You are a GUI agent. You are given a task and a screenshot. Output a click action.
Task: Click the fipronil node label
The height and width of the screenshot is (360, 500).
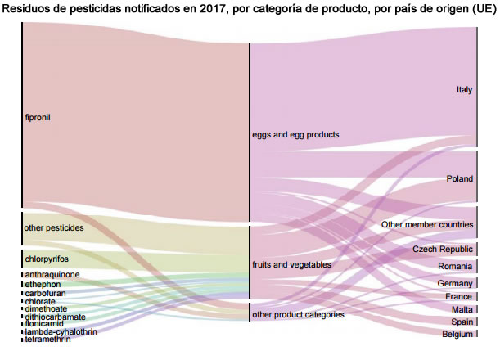click(x=38, y=118)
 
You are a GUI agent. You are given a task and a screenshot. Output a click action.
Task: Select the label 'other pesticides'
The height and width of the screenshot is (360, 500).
click(x=54, y=228)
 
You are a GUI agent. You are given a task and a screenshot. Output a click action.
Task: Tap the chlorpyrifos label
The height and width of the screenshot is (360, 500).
click(x=47, y=259)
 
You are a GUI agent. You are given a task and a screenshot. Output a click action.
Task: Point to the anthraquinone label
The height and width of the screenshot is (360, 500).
click(x=52, y=275)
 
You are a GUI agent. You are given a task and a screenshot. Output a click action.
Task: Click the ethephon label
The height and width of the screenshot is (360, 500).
click(x=43, y=284)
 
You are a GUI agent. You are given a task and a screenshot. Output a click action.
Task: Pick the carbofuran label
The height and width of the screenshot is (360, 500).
click(x=46, y=293)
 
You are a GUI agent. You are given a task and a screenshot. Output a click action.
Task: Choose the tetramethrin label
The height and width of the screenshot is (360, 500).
click(x=47, y=339)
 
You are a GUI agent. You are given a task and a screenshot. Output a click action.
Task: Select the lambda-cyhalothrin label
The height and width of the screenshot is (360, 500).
click(x=61, y=331)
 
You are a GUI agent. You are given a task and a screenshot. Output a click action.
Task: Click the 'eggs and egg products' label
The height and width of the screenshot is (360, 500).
click(x=295, y=134)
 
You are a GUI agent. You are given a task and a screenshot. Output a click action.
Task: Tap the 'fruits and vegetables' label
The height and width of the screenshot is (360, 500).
click(x=292, y=265)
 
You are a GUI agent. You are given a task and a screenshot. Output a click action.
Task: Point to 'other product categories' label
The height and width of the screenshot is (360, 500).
click(x=298, y=314)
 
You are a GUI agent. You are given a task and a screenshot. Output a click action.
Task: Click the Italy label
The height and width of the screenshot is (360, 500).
click(x=464, y=90)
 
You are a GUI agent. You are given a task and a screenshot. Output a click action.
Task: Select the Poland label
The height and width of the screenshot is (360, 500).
click(x=460, y=178)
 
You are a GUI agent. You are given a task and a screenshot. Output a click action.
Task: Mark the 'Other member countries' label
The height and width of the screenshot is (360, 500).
click(x=427, y=224)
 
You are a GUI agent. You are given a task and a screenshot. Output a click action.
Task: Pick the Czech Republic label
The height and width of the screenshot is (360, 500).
click(x=443, y=250)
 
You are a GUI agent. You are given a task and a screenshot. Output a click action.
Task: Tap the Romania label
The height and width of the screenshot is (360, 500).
click(x=455, y=267)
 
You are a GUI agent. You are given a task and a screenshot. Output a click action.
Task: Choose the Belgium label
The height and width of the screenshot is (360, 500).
click(x=457, y=335)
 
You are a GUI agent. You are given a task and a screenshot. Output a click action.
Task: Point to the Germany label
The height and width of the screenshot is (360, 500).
click(x=455, y=283)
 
